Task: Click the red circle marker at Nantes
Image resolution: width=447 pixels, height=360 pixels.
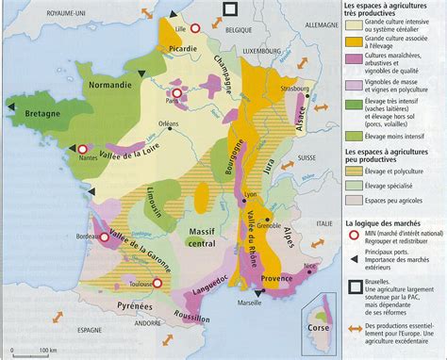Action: (x=58, y=149)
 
